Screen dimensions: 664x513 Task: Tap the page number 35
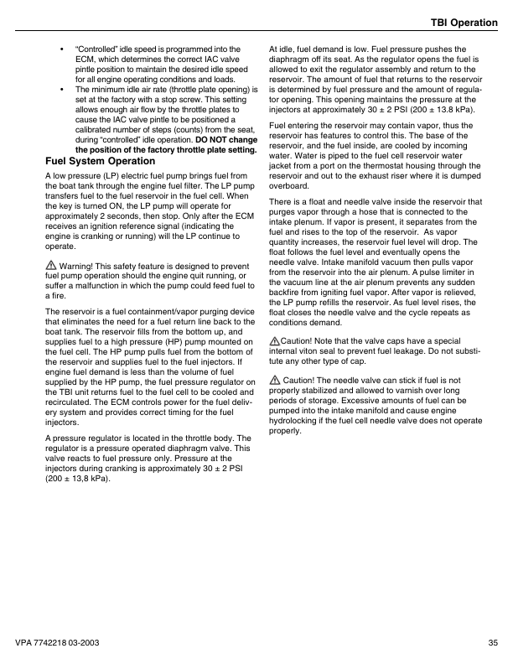(492, 643)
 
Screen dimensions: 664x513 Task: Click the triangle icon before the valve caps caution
(274, 341)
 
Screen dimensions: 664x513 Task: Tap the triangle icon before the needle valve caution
(274, 381)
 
